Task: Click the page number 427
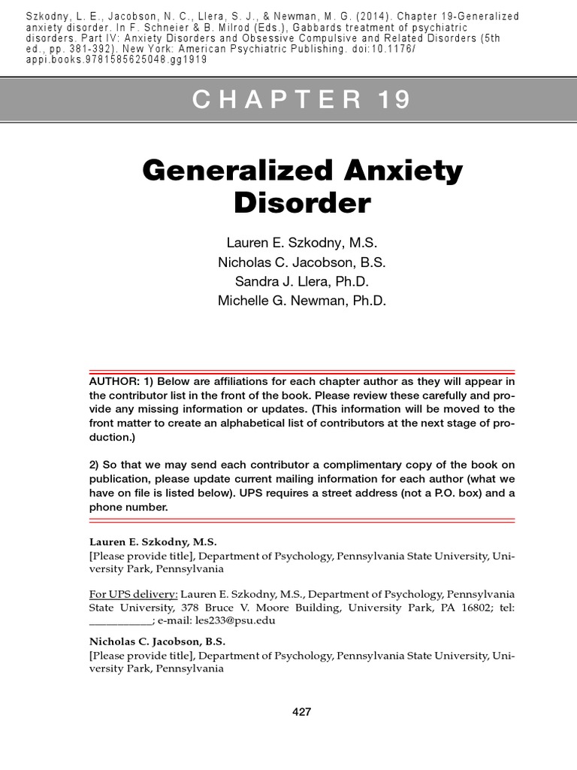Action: pyautogui.click(x=302, y=711)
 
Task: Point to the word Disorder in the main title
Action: pyautogui.click(x=302, y=202)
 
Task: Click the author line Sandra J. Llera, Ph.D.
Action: pyautogui.click(x=302, y=281)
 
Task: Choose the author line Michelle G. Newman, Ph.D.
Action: pyautogui.click(x=302, y=301)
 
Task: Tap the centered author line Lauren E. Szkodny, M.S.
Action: pyautogui.click(x=302, y=243)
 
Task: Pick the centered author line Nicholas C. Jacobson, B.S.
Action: pyautogui.click(x=302, y=262)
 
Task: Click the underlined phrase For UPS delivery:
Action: pyautogui.click(x=134, y=593)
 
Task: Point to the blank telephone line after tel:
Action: pyautogui.click(x=120, y=621)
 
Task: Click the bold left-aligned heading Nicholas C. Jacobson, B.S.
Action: pyautogui.click(x=157, y=641)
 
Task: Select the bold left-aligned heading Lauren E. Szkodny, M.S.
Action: pyautogui.click(x=153, y=541)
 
